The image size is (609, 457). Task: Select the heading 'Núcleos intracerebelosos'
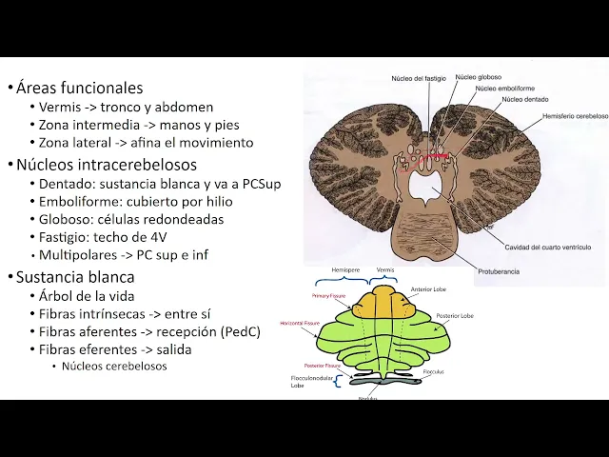tap(106, 165)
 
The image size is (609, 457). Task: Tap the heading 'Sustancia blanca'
tap(75, 277)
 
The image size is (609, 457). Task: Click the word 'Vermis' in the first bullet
tap(60, 107)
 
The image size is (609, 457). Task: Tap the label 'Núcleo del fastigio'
tap(420, 77)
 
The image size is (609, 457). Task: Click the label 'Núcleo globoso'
tap(480, 76)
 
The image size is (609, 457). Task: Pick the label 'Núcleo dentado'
tap(524, 98)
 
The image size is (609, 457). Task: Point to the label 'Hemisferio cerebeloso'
tap(575, 115)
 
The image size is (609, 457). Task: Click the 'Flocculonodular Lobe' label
tap(310, 382)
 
